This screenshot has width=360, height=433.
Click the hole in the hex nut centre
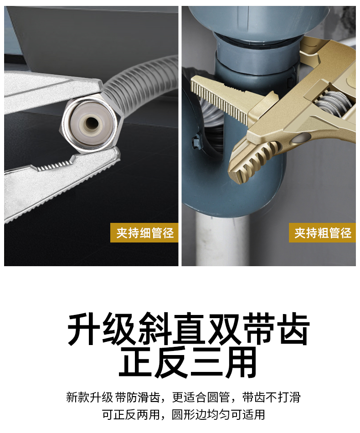point(90,123)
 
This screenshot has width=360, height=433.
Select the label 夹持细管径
point(144,233)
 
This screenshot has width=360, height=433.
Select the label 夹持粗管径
point(323,233)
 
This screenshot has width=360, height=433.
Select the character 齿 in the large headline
point(293,329)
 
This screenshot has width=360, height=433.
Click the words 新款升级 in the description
point(89,397)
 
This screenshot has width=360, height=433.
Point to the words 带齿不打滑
point(272,397)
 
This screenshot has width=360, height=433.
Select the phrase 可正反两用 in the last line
point(131,414)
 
